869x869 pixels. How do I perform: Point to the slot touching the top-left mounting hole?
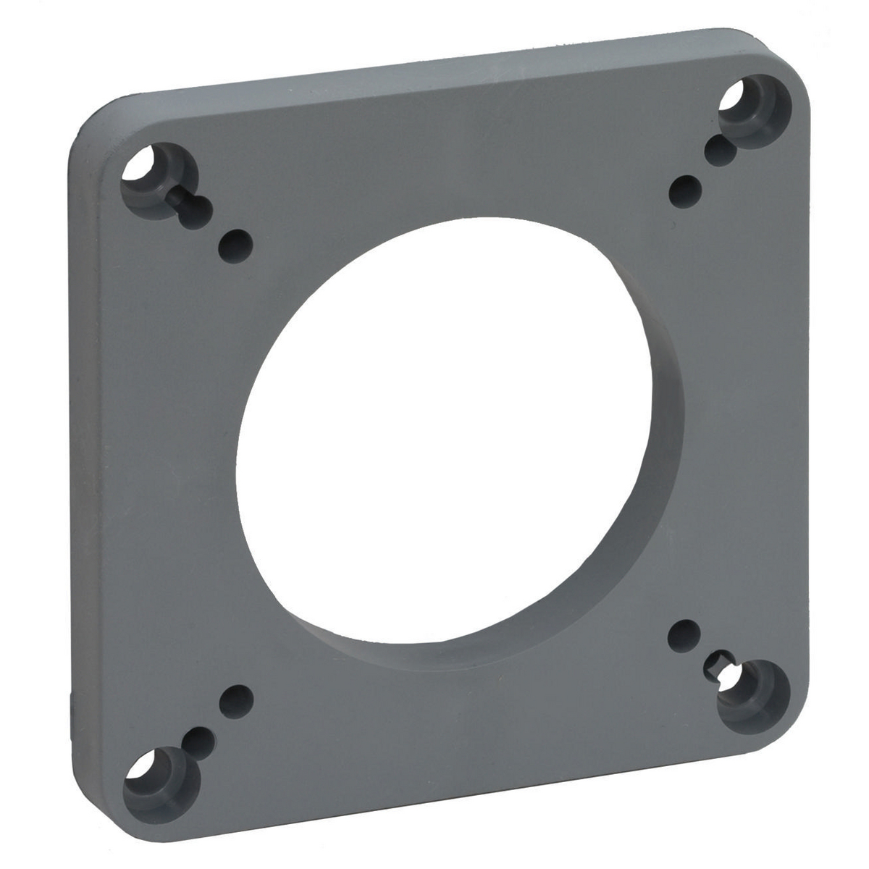pos(194,207)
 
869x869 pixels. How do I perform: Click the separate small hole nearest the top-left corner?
pos(238,244)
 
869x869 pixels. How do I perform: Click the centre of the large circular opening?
pos(449,434)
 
